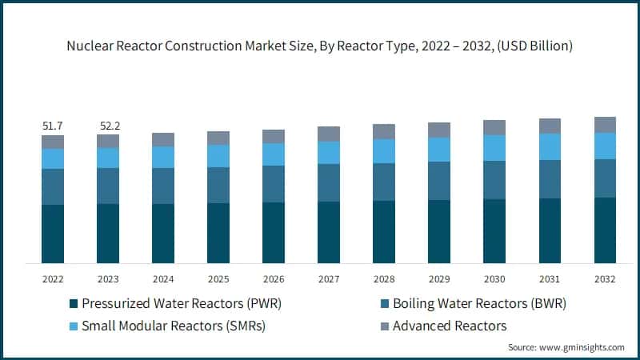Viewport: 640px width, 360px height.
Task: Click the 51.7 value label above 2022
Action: click(53, 126)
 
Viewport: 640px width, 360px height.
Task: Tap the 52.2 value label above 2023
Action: click(108, 126)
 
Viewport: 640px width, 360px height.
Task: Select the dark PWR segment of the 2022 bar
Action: click(53, 234)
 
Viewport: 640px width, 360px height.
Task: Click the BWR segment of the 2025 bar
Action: click(218, 185)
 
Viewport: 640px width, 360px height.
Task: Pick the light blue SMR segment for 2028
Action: click(384, 151)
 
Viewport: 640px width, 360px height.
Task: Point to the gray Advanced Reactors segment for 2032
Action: click(605, 125)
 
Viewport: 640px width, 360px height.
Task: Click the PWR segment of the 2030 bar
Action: click(494, 230)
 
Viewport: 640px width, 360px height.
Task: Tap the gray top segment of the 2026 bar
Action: click(274, 136)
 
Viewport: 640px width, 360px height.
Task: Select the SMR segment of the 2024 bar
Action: click(163, 157)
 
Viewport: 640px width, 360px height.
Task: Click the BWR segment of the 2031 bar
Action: click(550, 179)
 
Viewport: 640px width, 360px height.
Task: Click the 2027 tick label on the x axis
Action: click(329, 279)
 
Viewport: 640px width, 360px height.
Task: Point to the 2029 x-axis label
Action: click(439, 279)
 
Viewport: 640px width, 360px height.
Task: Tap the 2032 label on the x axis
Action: click(605, 279)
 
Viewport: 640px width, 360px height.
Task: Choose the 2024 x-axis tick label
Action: click(163, 279)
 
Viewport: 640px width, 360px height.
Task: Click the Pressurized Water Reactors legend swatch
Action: click(74, 304)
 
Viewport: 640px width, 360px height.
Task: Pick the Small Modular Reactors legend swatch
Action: click(74, 326)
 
